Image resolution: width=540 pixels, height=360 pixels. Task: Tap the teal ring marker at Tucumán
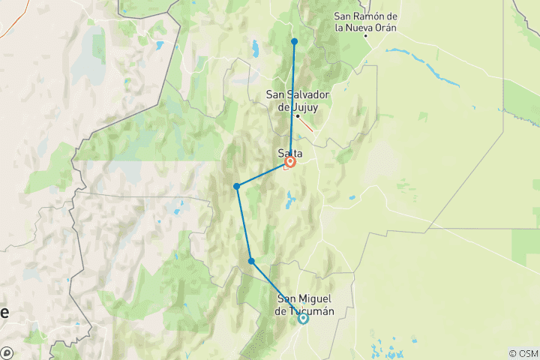tap(303, 318)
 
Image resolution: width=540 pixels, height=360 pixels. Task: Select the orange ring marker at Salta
tap(290, 161)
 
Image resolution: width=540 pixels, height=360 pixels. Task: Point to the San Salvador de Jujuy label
tap(298, 100)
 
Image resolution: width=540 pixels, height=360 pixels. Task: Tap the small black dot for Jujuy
tap(298, 116)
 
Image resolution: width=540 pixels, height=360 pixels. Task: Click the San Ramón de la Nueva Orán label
tap(366, 22)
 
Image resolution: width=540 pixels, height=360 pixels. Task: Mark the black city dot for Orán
tap(366, 35)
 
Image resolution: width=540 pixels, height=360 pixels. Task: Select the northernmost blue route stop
tap(295, 41)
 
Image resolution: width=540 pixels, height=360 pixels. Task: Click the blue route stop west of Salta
tap(236, 186)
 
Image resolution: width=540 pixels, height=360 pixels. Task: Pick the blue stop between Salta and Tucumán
tap(251, 261)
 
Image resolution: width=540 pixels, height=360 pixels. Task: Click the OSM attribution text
tap(523, 353)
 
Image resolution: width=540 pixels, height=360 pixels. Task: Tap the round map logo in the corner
tap(7, 352)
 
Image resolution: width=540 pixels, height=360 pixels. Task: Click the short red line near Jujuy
tap(308, 127)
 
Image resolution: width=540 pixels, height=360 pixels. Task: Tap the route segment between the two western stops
tap(244, 223)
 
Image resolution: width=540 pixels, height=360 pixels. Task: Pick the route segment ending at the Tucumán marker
tap(277, 290)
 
